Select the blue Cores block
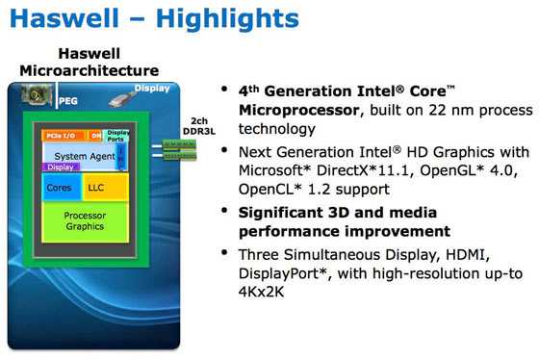point(59,188)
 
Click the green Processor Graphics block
point(86,220)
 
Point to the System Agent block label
point(78,155)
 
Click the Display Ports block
point(117,136)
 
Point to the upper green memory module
point(179,145)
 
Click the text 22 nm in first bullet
point(439,112)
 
